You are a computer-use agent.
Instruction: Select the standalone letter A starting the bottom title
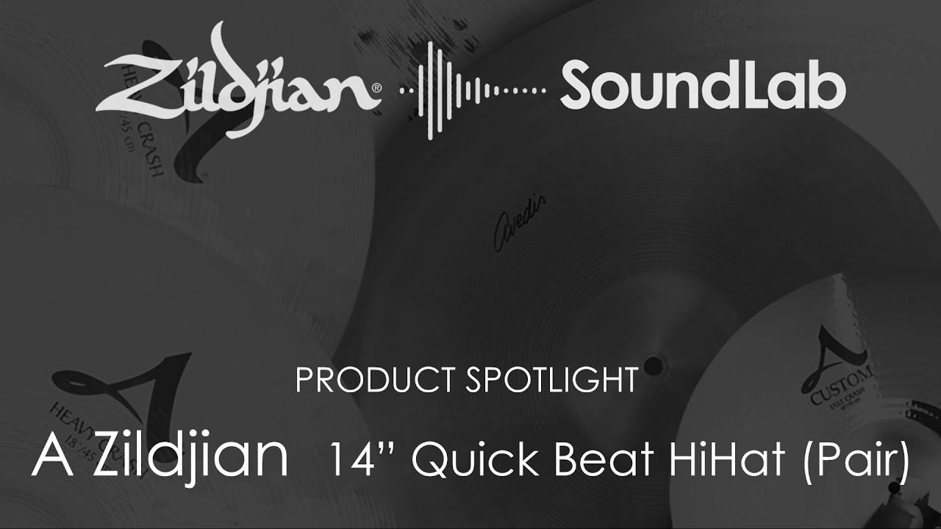[x=49, y=457]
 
